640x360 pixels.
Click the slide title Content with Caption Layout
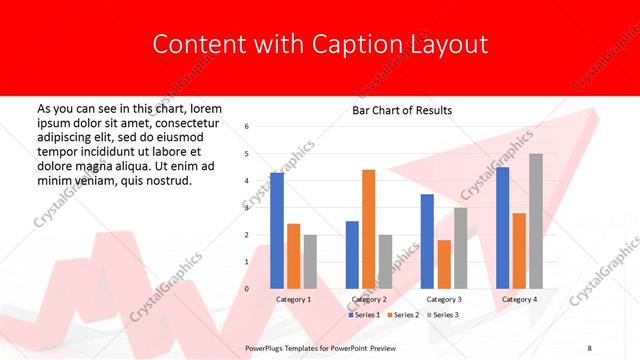[320, 44]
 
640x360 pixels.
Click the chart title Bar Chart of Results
[402, 110]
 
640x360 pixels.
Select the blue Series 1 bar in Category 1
[277, 230]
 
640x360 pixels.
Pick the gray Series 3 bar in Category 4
[536, 221]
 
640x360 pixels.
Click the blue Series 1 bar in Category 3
[427, 241]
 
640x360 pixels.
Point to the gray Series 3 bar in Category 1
[310, 261]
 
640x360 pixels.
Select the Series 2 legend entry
[403, 315]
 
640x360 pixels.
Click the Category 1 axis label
[293, 299]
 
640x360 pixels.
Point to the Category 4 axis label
[519, 299]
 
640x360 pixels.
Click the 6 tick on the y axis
[247, 127]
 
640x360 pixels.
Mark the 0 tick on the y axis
[247, 289]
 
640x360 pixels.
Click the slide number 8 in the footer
[589, 346]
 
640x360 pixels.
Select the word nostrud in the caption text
[167, 180]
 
